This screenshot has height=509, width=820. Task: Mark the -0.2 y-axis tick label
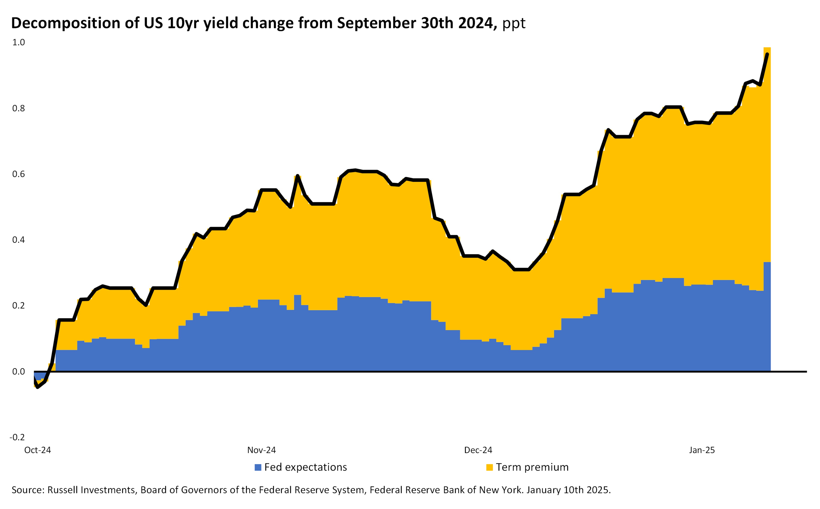click(17, 437)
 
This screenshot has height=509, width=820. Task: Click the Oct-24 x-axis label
click(37, 450)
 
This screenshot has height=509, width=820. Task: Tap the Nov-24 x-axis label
click(261, 450)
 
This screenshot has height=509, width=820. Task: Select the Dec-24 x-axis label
click(478, 450)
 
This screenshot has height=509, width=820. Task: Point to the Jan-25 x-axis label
click(702, 450)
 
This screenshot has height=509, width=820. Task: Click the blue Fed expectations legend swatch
click(258, 468)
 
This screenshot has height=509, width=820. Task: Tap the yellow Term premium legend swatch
click(490, 468)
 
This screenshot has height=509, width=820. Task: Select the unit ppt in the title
click(514, 24)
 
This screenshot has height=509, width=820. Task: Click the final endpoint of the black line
click(767, 54)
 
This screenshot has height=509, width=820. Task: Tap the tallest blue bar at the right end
click(767, 316)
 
